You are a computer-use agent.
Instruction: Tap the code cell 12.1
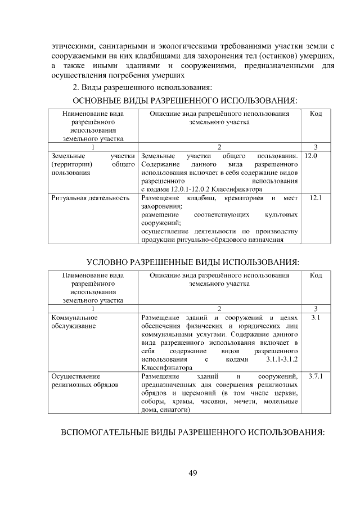tap(316, 198)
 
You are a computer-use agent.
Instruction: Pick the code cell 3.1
tap(316, 318)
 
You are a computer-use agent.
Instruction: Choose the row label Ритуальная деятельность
tap(90, 199)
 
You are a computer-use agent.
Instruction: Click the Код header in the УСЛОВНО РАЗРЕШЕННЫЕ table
tap(316, 276)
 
